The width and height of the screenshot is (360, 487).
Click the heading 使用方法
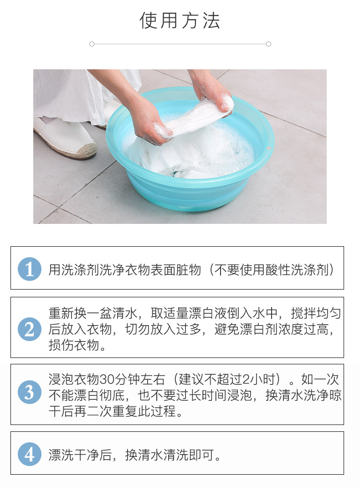click(180, 21)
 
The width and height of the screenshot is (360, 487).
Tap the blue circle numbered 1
click(30, 269)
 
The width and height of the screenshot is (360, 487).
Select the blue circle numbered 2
click(30, 329)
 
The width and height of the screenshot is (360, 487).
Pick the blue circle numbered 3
click(30, 392)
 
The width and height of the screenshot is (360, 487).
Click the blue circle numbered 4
click(30, 454)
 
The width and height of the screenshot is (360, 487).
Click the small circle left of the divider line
click(92, 44)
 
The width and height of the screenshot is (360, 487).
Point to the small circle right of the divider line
click(269, 44)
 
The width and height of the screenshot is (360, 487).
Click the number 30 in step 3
click(106, 379)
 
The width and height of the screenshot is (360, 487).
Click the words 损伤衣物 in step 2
click(74, 345)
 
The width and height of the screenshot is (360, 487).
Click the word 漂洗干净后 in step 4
click(80, 456)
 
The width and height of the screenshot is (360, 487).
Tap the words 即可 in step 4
click(202, 456)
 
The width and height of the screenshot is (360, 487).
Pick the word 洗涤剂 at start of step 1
click(80, 269)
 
